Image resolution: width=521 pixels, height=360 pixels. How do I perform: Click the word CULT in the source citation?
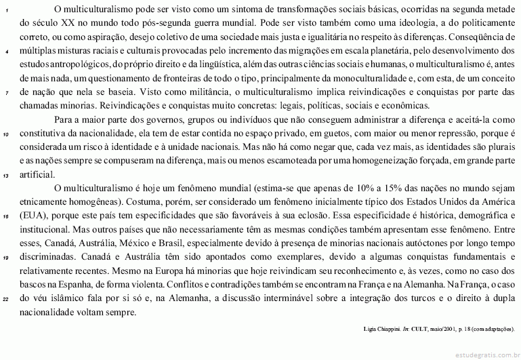[423, 328]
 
